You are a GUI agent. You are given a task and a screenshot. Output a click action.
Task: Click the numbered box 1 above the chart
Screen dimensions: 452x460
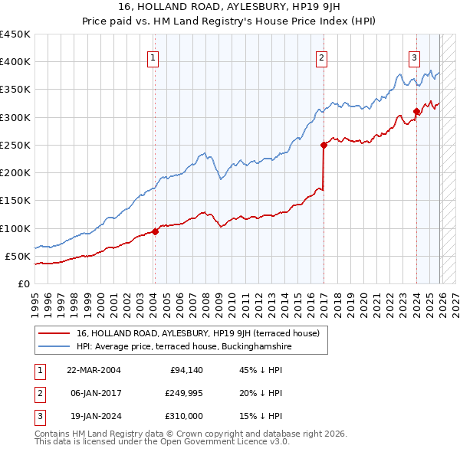[x=153, y=57]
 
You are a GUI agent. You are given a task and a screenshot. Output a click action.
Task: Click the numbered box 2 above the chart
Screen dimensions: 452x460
[x=322, y=57]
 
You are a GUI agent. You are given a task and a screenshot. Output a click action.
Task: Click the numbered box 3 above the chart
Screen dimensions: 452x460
[x=415, y=57]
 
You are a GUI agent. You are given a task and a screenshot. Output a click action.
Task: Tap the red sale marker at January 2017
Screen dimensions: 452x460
[x=324, y=145]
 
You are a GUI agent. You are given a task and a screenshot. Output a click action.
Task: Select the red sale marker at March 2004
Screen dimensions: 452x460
[x=155, y=231]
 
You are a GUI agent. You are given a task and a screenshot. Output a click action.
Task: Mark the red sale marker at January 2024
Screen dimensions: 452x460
[x=416, y=111]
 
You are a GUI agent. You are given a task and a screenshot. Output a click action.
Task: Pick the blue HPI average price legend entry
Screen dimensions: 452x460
[x=184, y=346]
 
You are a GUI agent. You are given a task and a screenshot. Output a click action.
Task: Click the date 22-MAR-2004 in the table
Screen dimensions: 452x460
[x=93, y=370]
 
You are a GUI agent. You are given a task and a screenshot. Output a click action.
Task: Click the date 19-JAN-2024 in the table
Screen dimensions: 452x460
[x=93, y=417]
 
